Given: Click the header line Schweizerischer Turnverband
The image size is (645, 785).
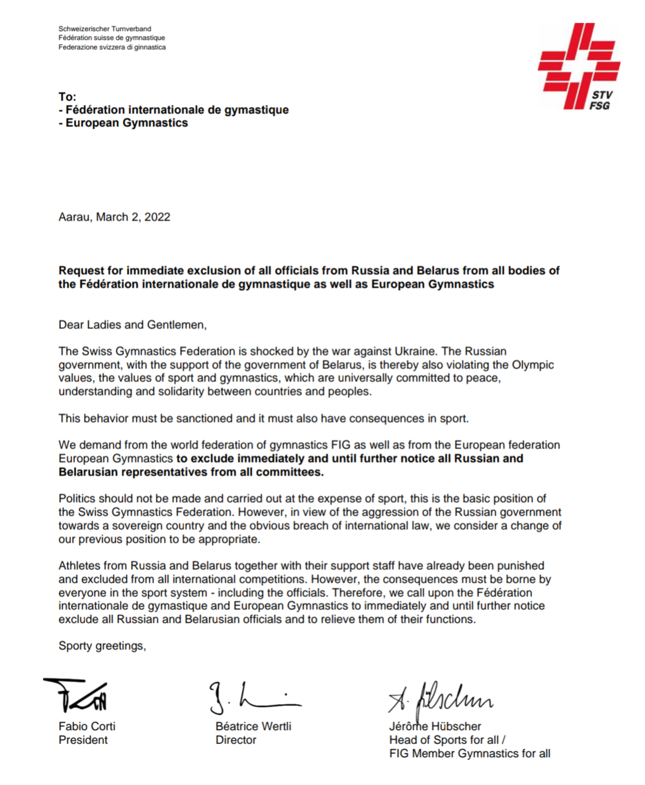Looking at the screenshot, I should pyautogui.click(x=105, y=29).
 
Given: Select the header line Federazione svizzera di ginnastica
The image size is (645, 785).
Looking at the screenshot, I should pyautogui.click(x=112, y=47).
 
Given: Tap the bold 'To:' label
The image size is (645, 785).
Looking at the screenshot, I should pyautogui.click(x=67, y=97).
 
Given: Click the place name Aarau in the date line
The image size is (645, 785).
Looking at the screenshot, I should pyautogui.click(x=75, y=217).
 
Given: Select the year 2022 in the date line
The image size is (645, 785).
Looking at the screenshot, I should pyautogui.click(x=157, y=217).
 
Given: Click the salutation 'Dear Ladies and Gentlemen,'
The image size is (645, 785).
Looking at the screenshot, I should pyautogui.click(x=132, y=325).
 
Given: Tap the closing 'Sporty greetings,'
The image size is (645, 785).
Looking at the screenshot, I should pyautogui.click(x=102, y=646).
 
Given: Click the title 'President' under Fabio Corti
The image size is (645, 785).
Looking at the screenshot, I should pyautogui.click(x=83, y=740).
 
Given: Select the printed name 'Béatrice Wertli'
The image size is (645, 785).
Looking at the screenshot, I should pyautogui.click(x=253, y=727).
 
